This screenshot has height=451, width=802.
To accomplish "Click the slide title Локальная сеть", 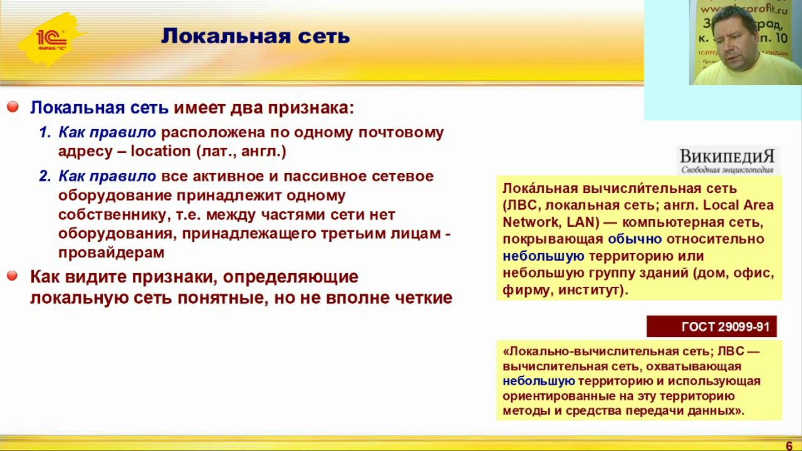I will pyautogui.click(x=255, y=36).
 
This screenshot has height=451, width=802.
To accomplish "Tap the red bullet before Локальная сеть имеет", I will pyautogui.click(x=13, y=108).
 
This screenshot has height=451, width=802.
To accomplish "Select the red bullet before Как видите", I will pyautogui.click(x=13, y=276).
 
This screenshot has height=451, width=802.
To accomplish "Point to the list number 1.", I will pyautogui.click(x=44, y=132).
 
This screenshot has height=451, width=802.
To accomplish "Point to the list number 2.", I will pyautogui.click(x=44, y=176).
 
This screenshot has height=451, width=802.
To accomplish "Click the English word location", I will pyautogui.click(x=160, y=151).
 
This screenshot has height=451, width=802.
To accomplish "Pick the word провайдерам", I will pyautogui.click(x=111, y=252).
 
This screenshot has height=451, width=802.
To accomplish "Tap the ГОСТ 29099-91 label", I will pyautogui.click(x=712, y=327).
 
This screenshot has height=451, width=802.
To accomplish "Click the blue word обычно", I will pyautogui.click(x=634, y=239).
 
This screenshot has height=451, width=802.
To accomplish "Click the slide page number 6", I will pyautogui.click(x=789, y=445).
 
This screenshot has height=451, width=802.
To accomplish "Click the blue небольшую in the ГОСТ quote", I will pyautogui.click(x=538, y=381).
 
